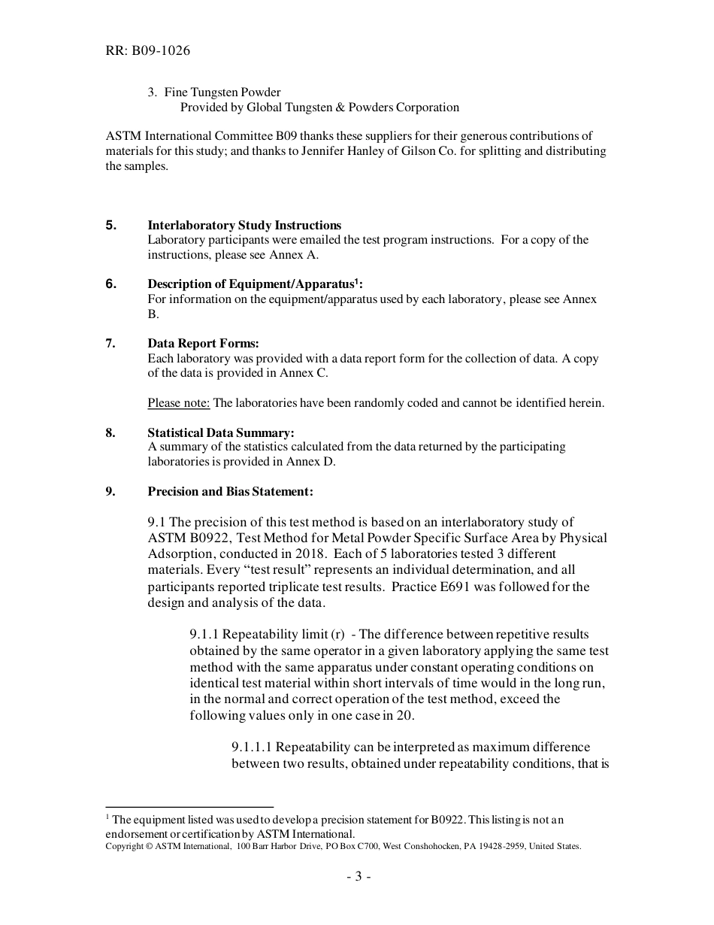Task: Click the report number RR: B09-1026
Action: [x=147, y=51]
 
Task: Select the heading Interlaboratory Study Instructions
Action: [x=244, y=226]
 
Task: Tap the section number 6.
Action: [x=110, y=284]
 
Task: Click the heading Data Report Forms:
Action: [x=203, y=344]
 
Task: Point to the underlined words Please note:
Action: [x=179, y=403]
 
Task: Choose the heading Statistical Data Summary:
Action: [x=221, y=432]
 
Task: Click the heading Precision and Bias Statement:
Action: [x=230, y=492]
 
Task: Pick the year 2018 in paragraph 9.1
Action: [x=313, y=553]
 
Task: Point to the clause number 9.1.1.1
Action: [x=253, y=748]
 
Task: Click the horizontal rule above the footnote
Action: [x=189, y=807]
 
